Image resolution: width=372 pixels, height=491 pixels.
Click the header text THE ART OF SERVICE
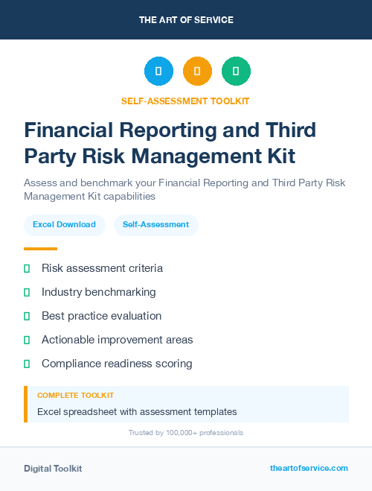coord(186,20)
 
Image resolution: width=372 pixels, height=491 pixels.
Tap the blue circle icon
coord(158,72)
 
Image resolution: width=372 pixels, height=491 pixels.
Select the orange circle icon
coord(197,72)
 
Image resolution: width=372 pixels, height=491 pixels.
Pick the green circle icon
coord(236,72)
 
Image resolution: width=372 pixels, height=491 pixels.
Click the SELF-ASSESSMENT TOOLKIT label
coord(185,101)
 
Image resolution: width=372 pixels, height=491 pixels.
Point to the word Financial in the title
coord(71,130)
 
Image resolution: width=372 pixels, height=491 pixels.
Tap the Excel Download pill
coord(64,224)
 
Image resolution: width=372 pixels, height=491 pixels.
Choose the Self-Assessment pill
coord(155,224)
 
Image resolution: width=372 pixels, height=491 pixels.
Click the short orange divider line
coord(40,249)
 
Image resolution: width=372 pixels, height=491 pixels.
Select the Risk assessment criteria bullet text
coord(102,268)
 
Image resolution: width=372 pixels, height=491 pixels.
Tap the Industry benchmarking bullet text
coord(99,292)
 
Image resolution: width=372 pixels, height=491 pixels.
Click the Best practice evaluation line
coord(101,316)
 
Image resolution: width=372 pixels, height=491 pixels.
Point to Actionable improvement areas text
coord(117,340)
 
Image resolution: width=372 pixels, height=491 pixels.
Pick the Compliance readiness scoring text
coord(117,364)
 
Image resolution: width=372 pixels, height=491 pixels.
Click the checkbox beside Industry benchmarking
coord(27,292)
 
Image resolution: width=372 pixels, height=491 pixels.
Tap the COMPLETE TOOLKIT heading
coord(75,396)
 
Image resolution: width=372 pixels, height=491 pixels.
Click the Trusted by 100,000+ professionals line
coord(186,432)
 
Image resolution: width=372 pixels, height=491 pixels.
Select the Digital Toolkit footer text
coord(53,468)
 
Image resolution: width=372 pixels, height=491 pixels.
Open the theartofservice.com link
coord(309,468)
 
